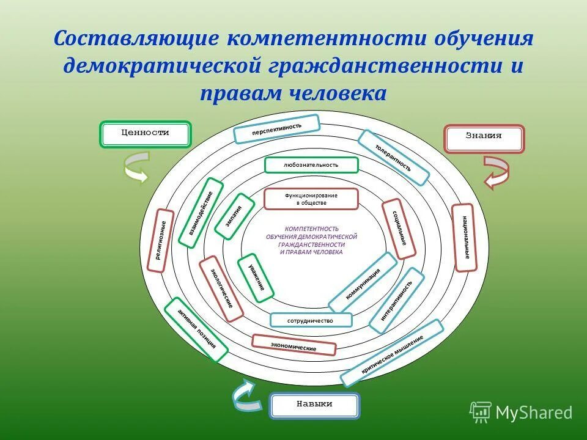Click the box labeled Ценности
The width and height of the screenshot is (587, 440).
[146, 134]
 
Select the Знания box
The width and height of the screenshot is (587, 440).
[484, 139]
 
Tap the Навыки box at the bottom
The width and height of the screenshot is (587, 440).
[314, 405]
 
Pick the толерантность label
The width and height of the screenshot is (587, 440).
[393, 157]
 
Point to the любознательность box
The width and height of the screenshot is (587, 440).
[311, 165]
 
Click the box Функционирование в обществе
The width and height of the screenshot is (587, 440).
[311, 199]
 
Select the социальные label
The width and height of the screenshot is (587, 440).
[399, 229]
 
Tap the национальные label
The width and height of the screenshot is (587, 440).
[464, 237]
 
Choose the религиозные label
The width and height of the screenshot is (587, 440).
[161, 241]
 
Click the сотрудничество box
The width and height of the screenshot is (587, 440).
[311, 320]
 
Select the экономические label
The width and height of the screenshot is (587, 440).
[294, 345]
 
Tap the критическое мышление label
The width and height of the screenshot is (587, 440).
[392, 354]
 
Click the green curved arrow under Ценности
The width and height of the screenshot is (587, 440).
[136, 167]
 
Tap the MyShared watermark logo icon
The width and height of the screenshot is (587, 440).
[481, 413]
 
